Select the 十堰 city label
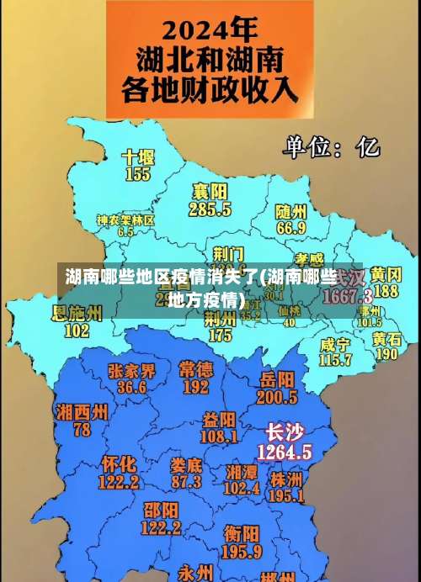click(138, 157)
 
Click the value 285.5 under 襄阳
click(210, 209)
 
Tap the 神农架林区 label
click(125, 220)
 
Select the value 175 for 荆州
click(220, 335)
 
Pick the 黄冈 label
click(386, 275)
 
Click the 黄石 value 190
click(386, 354)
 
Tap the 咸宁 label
click(335, 344)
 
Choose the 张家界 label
click(131, 371)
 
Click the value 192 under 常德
click(195, 387)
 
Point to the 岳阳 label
click(278, 378)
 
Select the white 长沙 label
click(284, 433)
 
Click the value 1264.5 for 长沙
click(285, 452)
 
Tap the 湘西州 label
click(82, 412)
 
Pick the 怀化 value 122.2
click(119, 482)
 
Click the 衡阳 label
click(242, 533)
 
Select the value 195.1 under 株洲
click(286, 496)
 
